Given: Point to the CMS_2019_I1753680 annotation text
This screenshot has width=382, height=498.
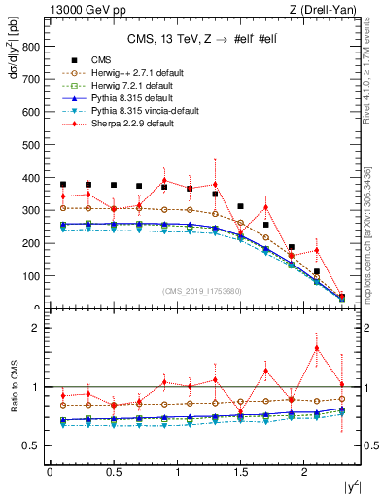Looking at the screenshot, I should pyautogui.click(x=202, y=290).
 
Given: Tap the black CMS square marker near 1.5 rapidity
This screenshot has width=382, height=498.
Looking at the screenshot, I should pyautogui.click(x=240, y=206).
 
